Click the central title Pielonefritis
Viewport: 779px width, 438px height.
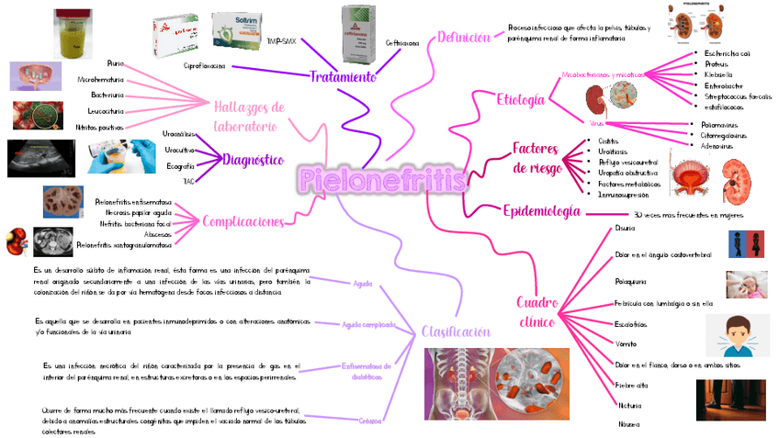click(381, 180)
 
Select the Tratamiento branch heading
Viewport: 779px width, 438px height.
click(342, 76)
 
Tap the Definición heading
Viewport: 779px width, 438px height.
click(463, 38)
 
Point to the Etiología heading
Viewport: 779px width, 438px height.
click(520, 99)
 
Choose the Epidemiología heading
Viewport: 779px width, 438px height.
click(542, 212)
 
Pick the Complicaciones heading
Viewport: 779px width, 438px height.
click(242, 221)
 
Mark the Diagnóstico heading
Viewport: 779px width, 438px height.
click(253, 160)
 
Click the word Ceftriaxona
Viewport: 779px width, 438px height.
click(402, 43)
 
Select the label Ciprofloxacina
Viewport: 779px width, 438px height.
click(205, 66)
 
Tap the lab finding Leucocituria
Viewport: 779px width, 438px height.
click(103, 111)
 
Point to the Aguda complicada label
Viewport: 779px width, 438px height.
click(368, 324)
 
